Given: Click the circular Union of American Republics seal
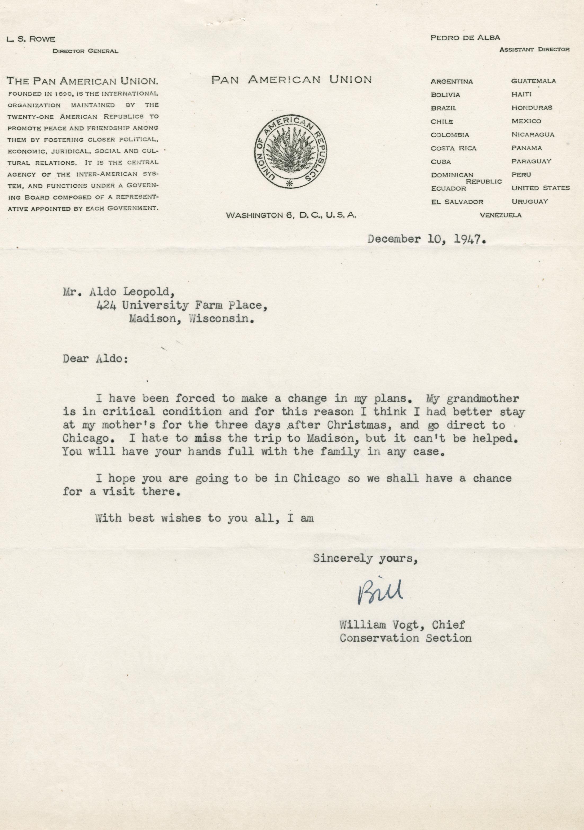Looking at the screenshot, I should coord(291,152).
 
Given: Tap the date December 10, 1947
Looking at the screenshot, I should coord(426,239).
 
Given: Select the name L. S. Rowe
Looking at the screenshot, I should coord(30,39).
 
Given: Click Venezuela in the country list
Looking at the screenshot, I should coord(501,215).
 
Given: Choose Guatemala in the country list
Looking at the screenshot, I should coord(533,81).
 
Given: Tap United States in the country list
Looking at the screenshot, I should coord(540,188).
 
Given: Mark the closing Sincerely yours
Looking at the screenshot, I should coord(365,559).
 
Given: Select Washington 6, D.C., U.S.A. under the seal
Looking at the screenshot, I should coord(291,215).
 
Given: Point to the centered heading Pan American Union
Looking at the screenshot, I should coord(291,80).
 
